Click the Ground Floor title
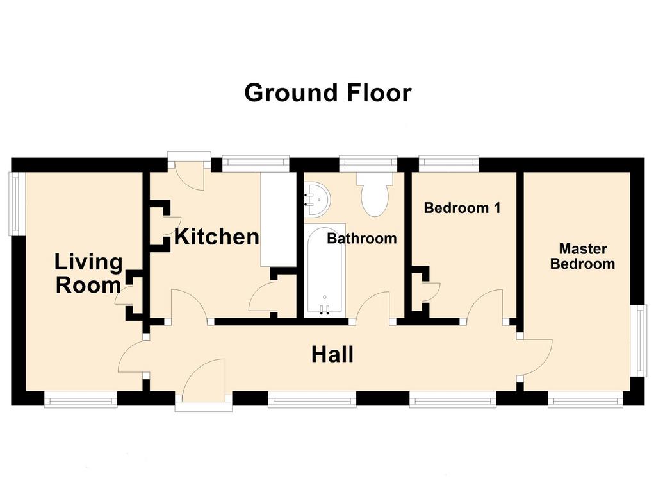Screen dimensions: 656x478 pyautogui.click(x=328, y=92)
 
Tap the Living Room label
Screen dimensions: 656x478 pyautogui.click(x=88, y=273)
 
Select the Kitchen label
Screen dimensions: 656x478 pyautogui.click(x=217, y=236)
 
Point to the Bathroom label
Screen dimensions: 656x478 pyautogui.click(x=362, y=238)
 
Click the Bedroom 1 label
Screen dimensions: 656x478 pyautogui.click(x=462, y=208)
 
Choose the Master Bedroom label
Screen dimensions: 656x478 pyautogui.click(x=582, y=257)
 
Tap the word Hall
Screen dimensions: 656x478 pyautogui.click(x=332, y=354)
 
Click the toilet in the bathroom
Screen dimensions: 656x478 pyautogui.click(x=375, y=194)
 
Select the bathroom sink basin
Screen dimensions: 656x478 pyautogui.click(x=316, y=200)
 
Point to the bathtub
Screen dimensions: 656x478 pyautogui.click(x=325, y=271)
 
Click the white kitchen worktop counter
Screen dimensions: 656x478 pyautogui.click(x=278, y=219)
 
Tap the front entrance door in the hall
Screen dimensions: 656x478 pyautogui.click(x=204, y=381)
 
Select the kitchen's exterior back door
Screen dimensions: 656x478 pyautogui.click(x=189, y=172)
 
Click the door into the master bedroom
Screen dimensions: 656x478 pyautogui.click(x=536, y=357)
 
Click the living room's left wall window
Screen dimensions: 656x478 pyautogui.click(x=16, y=204)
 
